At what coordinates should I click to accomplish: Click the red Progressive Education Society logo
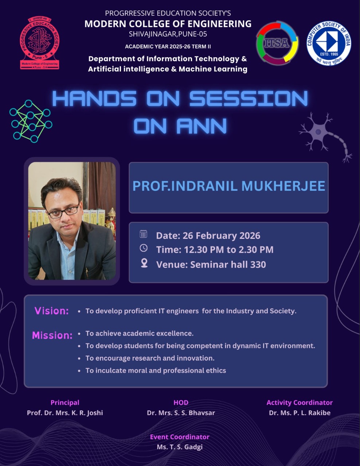point(40,43)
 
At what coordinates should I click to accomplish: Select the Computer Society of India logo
point(329,43)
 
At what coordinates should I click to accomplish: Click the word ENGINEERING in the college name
point(219,24)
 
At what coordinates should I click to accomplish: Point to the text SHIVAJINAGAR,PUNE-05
point(168,34)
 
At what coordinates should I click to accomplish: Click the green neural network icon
point(31,121)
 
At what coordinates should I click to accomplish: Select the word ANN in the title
point(201,126)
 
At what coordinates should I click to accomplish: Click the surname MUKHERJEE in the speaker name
point(283,186)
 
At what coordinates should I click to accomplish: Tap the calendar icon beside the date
point(143,234)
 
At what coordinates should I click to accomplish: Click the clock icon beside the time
point(144,248)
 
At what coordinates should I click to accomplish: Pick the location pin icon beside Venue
point(144,263)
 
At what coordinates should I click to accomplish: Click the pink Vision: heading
point(52,311)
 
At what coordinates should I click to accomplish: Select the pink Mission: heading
point(52,335)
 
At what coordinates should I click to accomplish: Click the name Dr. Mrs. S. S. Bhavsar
point(181,413)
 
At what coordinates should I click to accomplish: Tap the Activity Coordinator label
point(300,403)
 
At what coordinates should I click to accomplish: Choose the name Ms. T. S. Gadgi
point(180,447)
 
